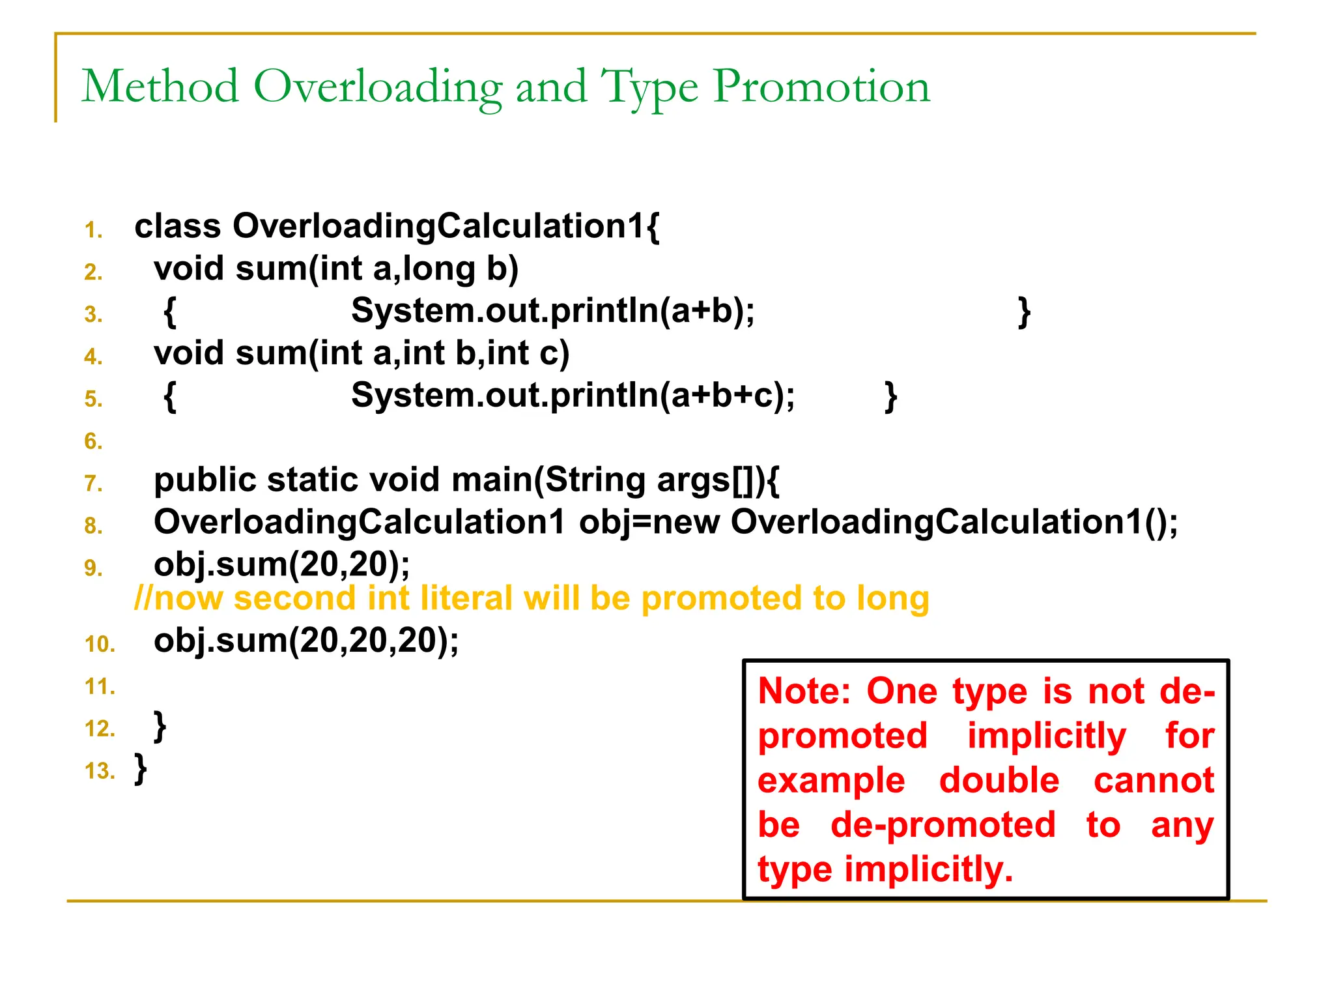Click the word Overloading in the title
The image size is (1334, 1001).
coord(377,87)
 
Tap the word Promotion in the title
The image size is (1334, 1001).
coord(821,87)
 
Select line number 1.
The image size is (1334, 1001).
coord(93,230)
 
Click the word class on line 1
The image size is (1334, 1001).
coord(177,226)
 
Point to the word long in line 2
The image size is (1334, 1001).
coord(439,268)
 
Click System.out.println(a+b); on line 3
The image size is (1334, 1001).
coord(552,311)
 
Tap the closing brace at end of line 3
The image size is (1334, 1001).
coord(1023,312)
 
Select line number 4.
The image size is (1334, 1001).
coord(93,356)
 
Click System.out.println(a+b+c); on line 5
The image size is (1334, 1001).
coord(573,395)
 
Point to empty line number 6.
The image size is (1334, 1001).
coord(93,441)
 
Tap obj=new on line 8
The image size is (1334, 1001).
coord(649,522)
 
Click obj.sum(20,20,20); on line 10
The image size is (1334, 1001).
coord(306,641)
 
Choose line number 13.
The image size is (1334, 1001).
coord(99,771)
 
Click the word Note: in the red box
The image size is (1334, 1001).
coord(804,691)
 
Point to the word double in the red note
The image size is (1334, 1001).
coord(999,781)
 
